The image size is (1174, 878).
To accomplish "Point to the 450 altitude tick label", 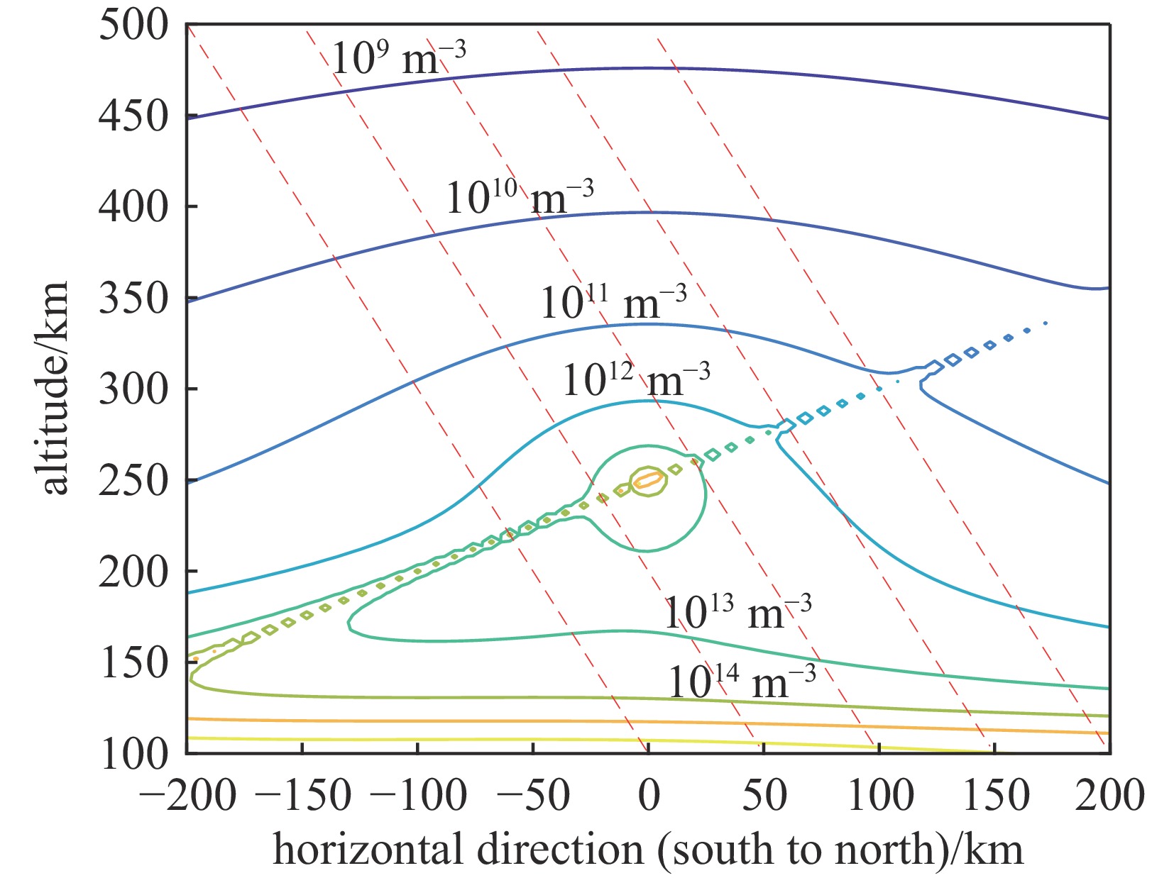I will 134,116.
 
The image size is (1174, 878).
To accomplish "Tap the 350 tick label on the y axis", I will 134,299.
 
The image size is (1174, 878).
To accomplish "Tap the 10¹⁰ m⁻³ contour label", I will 519,197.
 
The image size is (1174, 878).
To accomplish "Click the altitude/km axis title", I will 54,388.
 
